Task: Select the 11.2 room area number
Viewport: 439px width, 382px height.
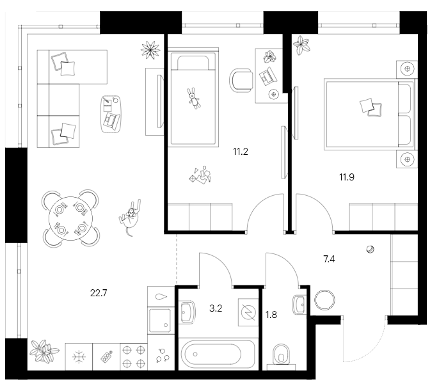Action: [241, 152]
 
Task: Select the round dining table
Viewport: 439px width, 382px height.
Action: [71, 218]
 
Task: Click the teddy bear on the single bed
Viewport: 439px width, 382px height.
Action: [192, 97]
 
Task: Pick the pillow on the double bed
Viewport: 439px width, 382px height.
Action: [367, 106]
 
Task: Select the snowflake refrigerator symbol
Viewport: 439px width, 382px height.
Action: [79, 356]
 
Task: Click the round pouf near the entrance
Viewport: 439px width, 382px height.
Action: [326, 300]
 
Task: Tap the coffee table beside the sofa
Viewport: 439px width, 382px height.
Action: [111, 113]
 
